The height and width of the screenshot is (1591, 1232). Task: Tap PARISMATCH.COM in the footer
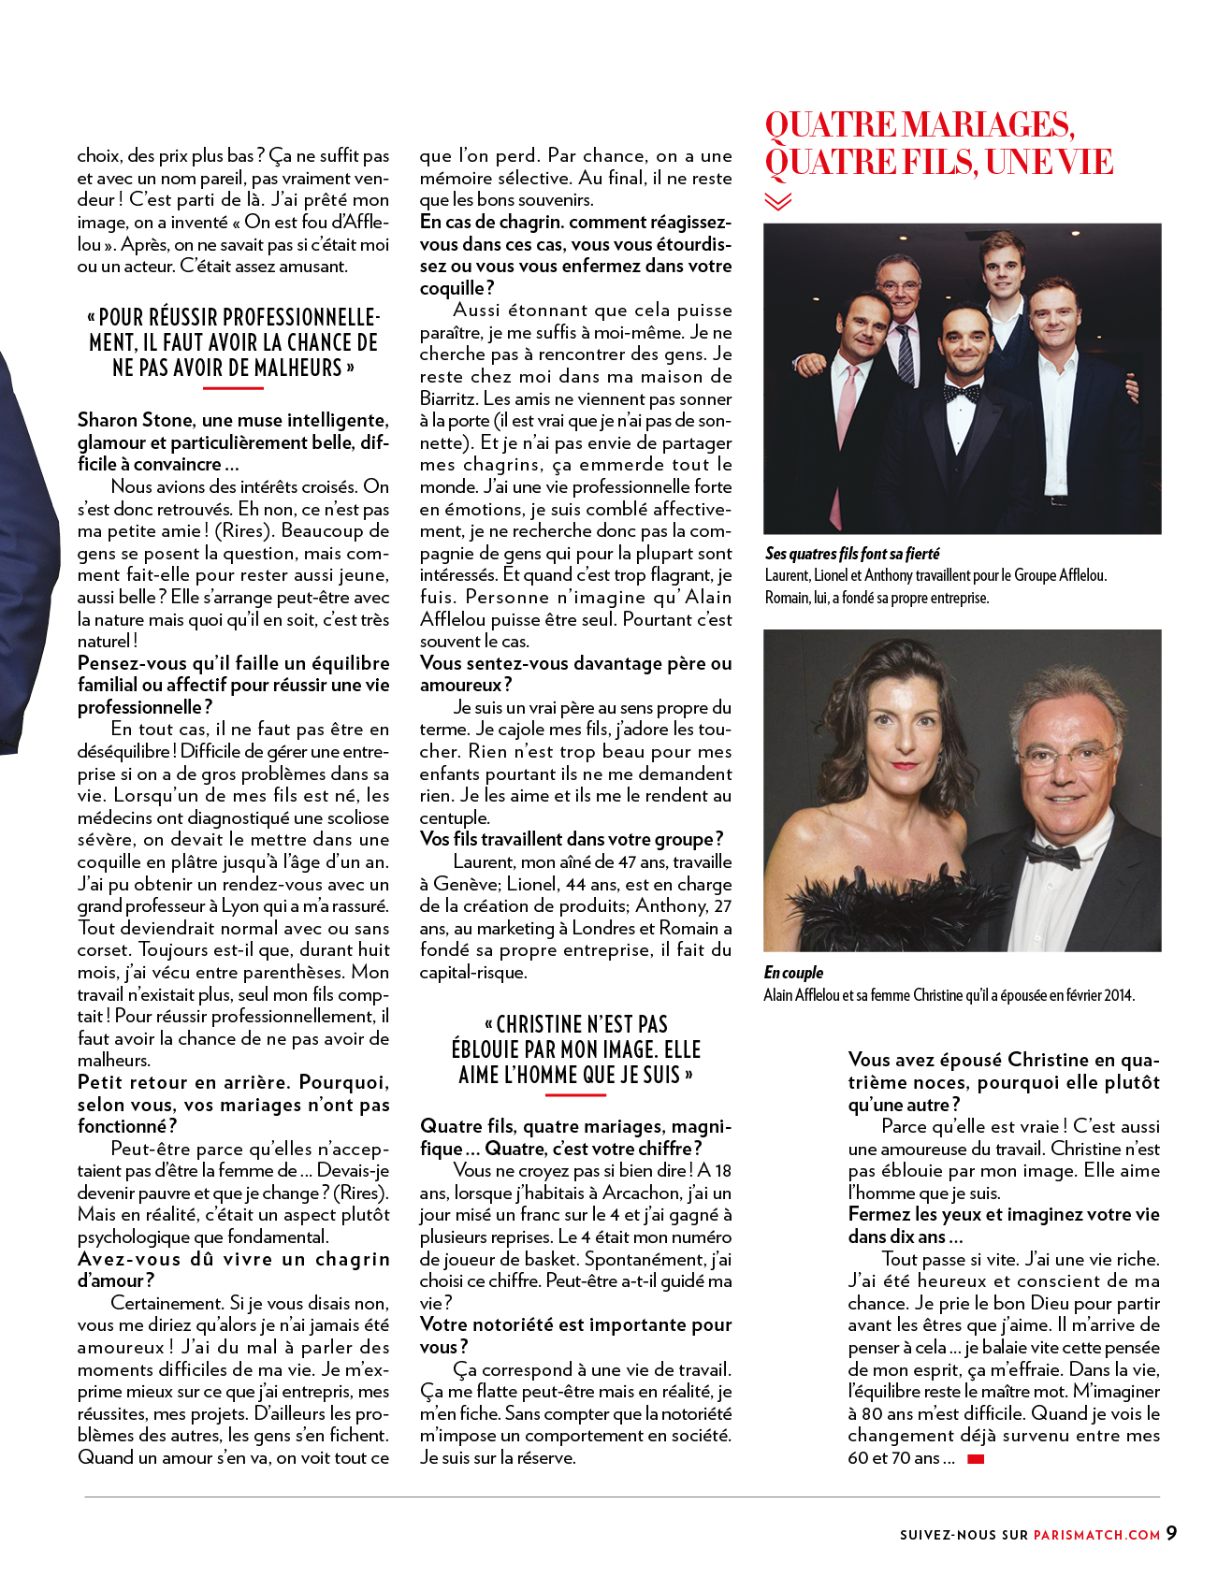pyautogui.click(x=1096, y=1534)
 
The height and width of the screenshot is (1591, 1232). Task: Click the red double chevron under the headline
pyautogui.click(x=777, y=201)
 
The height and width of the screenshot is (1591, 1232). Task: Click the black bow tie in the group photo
pyautogui.click(x=962, y=393)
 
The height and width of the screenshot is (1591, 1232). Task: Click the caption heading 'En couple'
pyautogui.click(x=793, y=973)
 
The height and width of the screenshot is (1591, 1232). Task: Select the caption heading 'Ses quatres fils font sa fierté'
pyautogui.click(x=852, y=554)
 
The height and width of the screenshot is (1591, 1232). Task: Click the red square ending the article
pyautogui.click(x=976, y=1458)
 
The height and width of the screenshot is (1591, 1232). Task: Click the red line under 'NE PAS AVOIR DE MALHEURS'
pyautogui.click(x=232, y=386)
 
